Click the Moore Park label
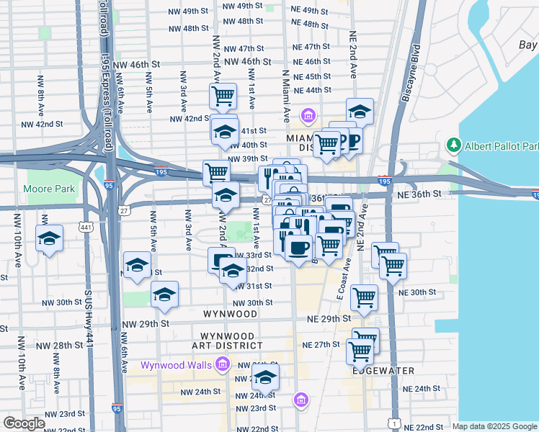pos(49,189)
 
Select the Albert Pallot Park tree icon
pos(453,145)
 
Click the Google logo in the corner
pos(24,423)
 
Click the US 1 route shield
pos(393,422)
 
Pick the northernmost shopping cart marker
pos(223,96)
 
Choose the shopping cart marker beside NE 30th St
pos(365,297)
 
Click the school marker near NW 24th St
pos(265,378)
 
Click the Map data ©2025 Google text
pos(494,426)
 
